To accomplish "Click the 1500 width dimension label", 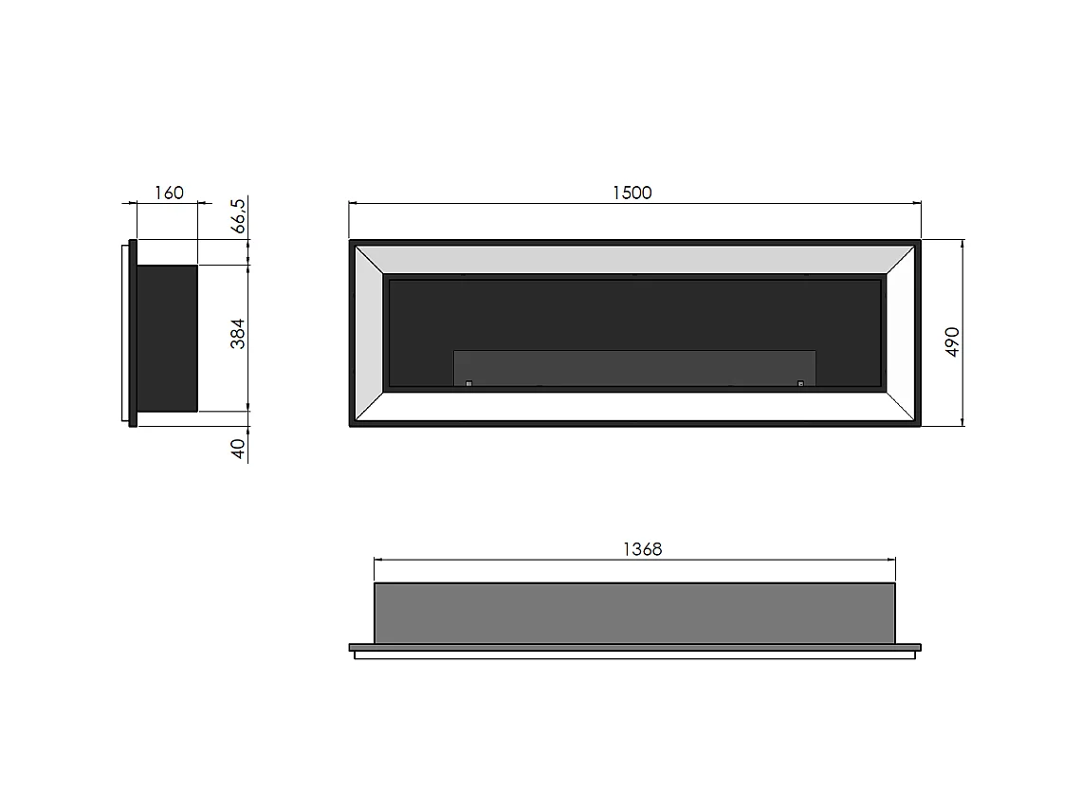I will coord(632,193).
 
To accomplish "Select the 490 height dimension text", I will coord(953,341).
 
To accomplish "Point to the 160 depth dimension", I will coord(168,193).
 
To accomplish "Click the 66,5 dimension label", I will coord(238,216).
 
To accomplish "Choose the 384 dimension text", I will coord(238,333).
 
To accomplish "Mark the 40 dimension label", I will coord(239,448).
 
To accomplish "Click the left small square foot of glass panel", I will coord(468,383).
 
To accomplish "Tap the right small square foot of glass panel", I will coord(800,383).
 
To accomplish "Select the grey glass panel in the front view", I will coord(634,367).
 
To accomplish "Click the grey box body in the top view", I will coord(634,613).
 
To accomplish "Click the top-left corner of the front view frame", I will coord(351,241).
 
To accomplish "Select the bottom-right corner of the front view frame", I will coord(919,426).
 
